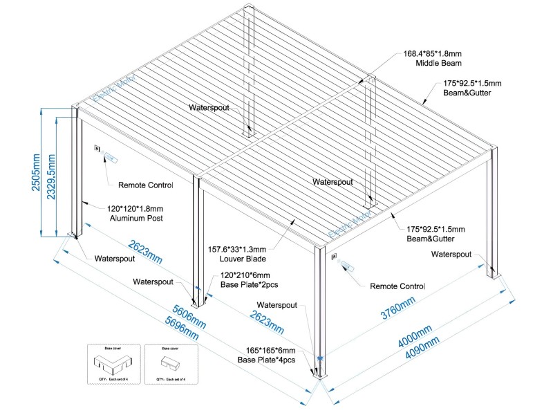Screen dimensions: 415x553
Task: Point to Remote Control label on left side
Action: click(x=145, y=185)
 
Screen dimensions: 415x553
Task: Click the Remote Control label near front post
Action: click(x=397, y=286)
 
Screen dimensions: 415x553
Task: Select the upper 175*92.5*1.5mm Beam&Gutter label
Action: click(x=472, y=88)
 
